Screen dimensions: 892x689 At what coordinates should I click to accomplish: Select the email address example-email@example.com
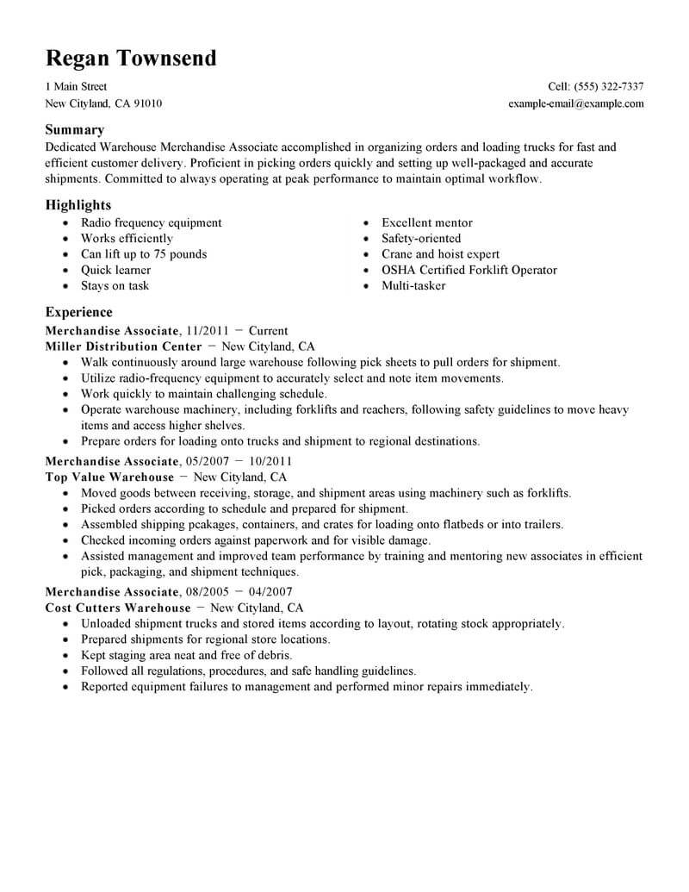tap(576, 103)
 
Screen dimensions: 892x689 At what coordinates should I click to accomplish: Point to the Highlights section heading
tap(78, 205)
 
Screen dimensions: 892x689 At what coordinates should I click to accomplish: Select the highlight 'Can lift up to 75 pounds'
tap(144, 254)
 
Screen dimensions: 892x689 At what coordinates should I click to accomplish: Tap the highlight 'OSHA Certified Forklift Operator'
tap(469, 270)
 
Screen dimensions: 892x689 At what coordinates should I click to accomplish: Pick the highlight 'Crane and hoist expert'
tap(440, 254)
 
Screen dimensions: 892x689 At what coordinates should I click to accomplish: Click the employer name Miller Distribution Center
tap(123, 346)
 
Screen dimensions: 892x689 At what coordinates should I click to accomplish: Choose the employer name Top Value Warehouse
tap(109, 477)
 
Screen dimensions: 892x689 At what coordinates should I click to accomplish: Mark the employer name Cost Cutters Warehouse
tap(118, 608)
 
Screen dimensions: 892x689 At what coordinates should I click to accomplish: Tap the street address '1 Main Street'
tap(76, 87)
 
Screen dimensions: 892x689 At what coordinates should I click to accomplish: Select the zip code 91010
tap(146, 103)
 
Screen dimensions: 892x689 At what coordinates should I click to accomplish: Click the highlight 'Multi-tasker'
tap(413, 285)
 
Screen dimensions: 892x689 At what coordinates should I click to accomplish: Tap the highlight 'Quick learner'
tap(116, 270)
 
